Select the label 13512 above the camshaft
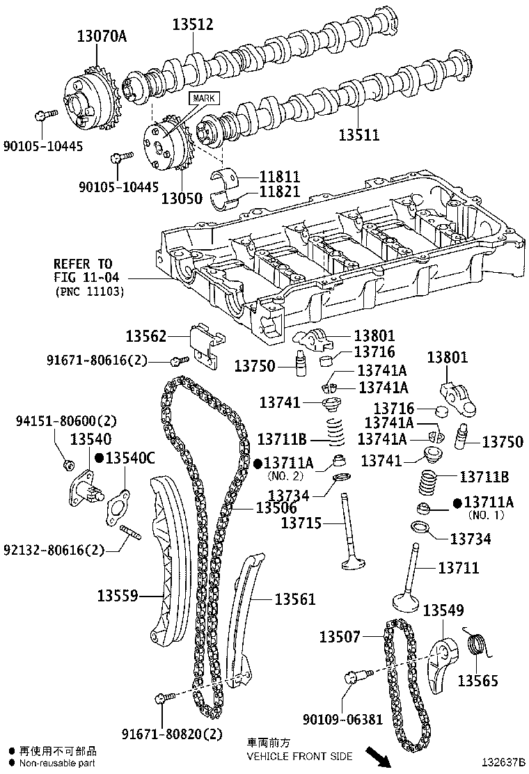point(193,25)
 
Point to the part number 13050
point(182,198)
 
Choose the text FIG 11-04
point(83,278)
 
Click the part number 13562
point(146,337)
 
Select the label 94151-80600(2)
point(66,421)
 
